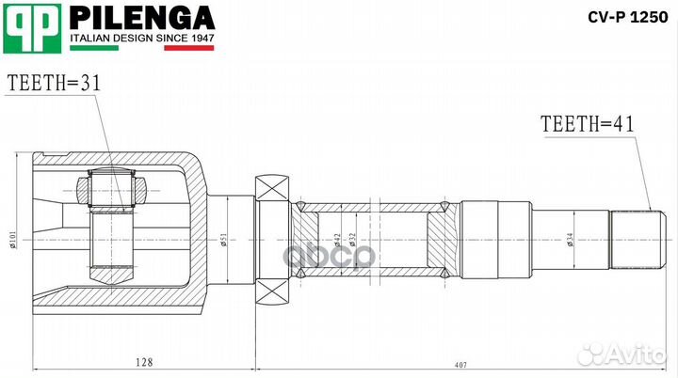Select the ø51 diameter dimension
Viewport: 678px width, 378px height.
point(223,241)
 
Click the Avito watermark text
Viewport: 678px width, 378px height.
point(633,354)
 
